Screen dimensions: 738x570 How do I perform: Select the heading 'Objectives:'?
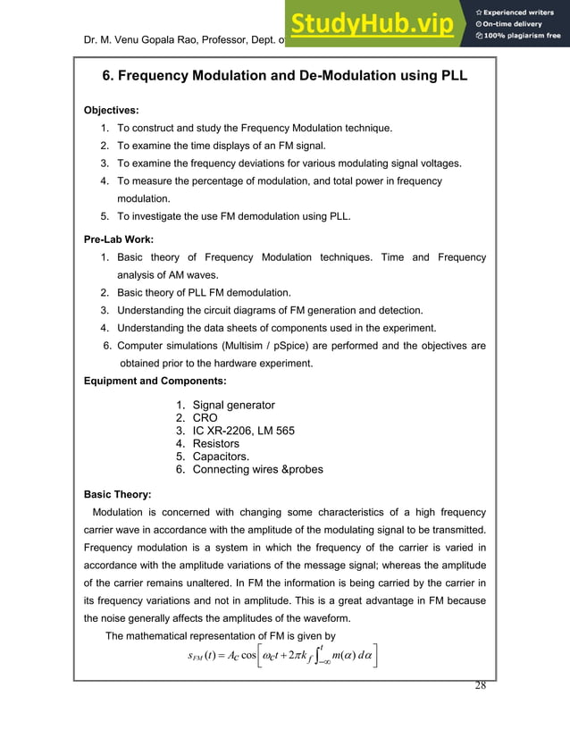[111, 111]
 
